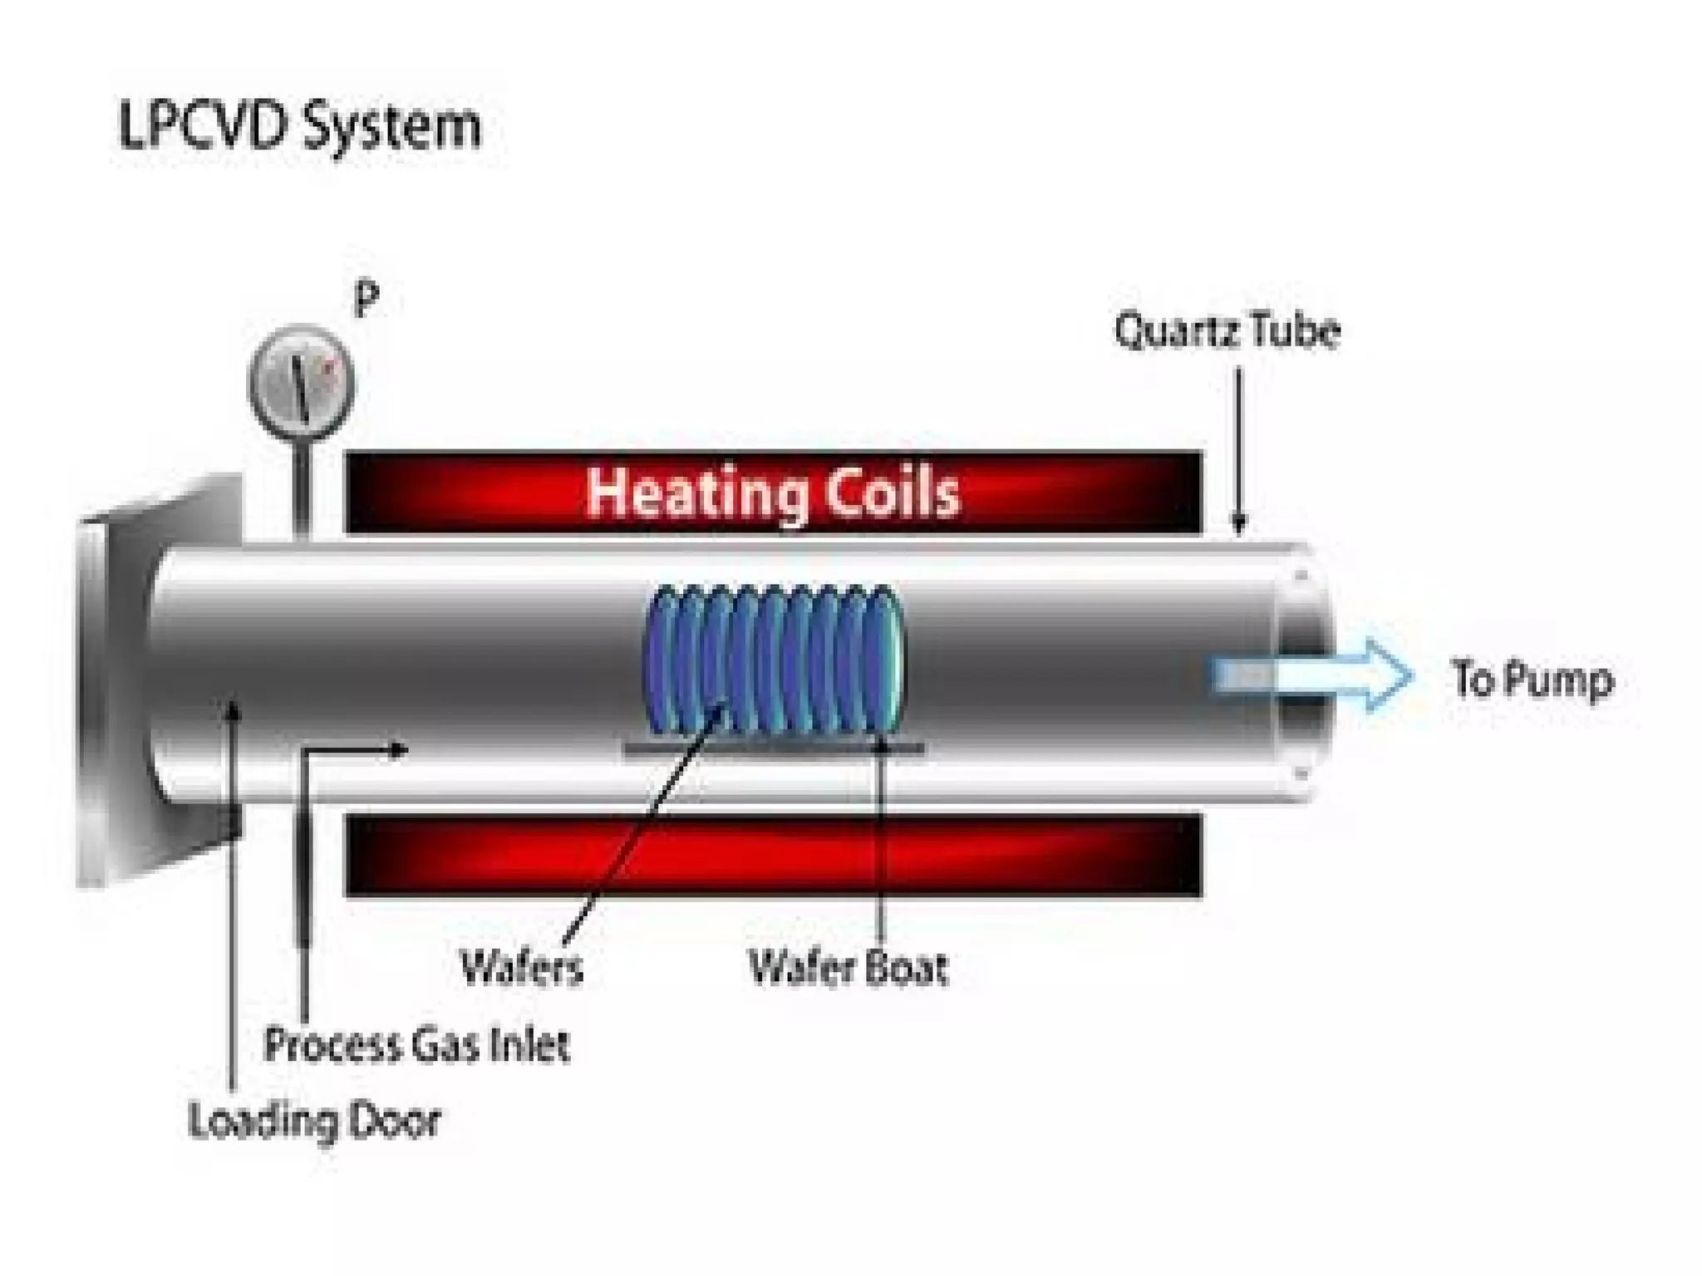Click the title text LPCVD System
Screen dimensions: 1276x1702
pos(299,126)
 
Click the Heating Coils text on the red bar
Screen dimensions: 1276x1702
pos(773,492)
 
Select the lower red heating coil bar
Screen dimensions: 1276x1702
pos(773,856)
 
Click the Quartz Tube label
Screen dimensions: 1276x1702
pos(1227,331)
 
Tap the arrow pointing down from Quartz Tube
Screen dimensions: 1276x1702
pos(1238,449)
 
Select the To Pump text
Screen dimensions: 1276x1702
pos(1532,680)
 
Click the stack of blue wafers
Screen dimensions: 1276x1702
pos(773,660)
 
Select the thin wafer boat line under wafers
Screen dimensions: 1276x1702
pos(773,748)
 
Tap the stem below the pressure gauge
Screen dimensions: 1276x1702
pos(301,482)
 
